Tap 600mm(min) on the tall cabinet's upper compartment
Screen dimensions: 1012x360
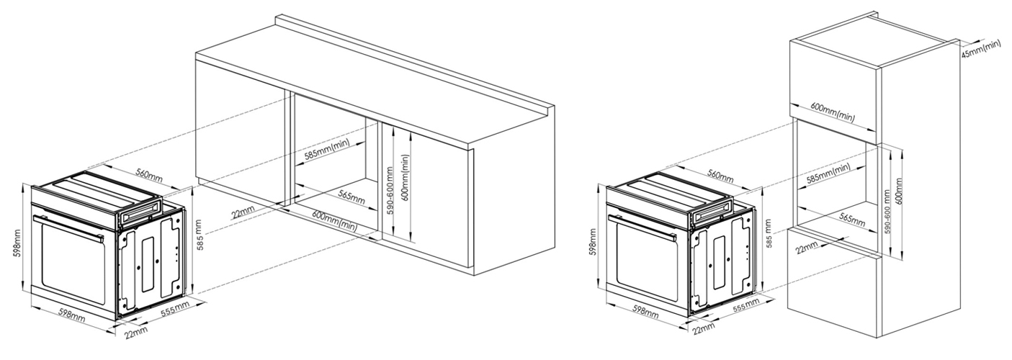833,112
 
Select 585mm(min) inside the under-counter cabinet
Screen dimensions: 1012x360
327,149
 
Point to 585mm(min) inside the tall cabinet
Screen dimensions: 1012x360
828,173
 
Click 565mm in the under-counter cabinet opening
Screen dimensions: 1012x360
351,196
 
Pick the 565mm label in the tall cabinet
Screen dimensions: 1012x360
852,220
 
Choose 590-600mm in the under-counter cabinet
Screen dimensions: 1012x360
390,191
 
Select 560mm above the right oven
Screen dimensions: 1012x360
720,175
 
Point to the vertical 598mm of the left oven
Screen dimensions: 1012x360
17,243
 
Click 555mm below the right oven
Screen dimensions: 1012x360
745,307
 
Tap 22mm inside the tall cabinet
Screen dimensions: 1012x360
807,248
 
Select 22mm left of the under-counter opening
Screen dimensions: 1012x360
243,212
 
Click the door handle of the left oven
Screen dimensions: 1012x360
68,226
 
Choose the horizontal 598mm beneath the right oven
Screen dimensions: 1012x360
645,311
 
